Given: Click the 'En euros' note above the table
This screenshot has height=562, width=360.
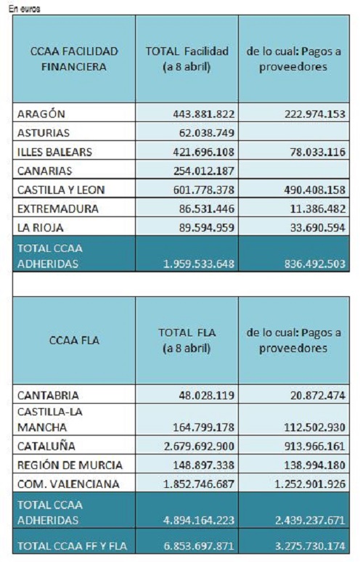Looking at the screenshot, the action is pyautogui.click(x=25, y=9).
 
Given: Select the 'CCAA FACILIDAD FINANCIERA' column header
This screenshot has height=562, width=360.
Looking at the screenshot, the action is pyautogui.click(x=74, y=59).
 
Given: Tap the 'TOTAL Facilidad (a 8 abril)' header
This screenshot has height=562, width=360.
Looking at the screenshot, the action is pyautogui.click(x=187, y=59).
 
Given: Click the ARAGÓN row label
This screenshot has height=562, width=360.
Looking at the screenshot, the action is pyautogui.click(x=41, y=113).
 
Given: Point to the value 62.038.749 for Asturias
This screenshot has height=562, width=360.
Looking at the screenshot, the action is pyautogui.click(x=207, y=133).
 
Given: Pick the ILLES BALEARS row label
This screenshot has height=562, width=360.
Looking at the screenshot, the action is pyautogui.click(x=54, y=152).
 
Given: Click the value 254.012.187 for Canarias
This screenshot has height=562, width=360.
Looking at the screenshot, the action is pyautogui.click(x=204, y=171).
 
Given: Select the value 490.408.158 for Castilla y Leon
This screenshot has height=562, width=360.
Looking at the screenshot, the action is pyautogui.click(x=315, y=190).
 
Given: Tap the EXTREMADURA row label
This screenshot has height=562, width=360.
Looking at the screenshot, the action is pyautogui.click(x=57, y=209).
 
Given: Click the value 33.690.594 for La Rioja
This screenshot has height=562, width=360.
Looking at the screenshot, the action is pyautogui.click(x=318, y=228).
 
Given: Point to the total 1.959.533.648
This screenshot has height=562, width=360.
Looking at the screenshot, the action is pyautogui.click(x=199, y=264).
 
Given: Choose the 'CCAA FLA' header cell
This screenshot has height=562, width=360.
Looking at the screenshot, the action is pyautogui.click(x=74, y=340).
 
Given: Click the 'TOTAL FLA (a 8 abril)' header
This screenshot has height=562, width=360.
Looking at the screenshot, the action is pyautogui.click(x=187, y=340).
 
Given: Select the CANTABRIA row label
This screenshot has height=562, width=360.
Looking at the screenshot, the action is pyautogui.click(x=48, y=395).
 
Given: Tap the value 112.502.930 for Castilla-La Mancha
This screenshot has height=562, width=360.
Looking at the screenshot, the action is pyautogui.click(x=315, y=427).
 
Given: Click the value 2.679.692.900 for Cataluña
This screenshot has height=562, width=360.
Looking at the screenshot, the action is pyautogui.click(x=199, y=447).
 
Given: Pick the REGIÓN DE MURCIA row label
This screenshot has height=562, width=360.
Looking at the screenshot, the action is pyautogui.click(x=70, y=465).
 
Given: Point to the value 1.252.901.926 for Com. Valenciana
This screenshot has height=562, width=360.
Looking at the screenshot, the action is pyautogui.click(x=310, y=484).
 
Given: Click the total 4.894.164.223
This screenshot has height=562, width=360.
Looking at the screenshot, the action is pyautogui.click(x=199, y=520).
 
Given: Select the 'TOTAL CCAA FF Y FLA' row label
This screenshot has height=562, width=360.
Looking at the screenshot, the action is pyautogui.click(x=72, y=546).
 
